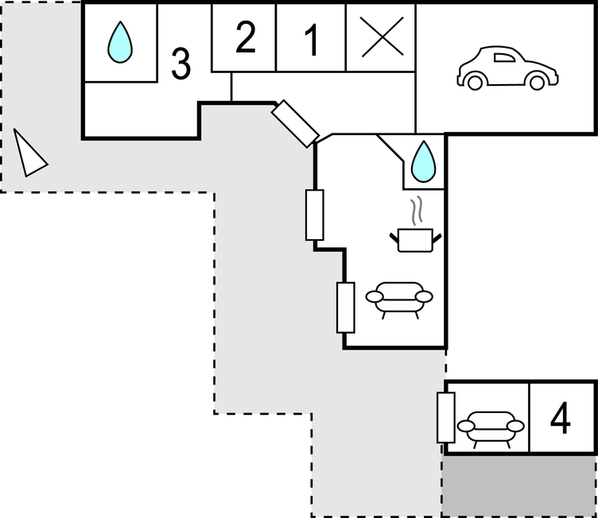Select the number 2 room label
click(246, 38)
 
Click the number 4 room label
click(561, 419)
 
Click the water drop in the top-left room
click(120, 42)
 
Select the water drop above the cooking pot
click(423, 160)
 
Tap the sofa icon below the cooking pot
click(399, 299)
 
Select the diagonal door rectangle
click(294, 124)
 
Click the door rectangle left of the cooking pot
click(315, 215)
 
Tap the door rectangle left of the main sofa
click(345, 307)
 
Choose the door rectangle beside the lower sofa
click(446, 417)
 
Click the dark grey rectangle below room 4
click(519, 485)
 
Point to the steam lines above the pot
click(417, 212)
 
